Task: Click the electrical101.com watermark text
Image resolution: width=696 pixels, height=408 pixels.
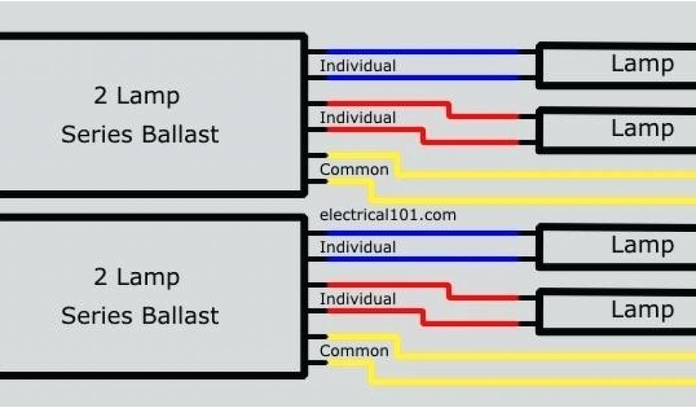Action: click(x=387, y=215)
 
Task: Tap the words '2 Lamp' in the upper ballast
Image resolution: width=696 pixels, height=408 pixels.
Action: click(x=137, y=96)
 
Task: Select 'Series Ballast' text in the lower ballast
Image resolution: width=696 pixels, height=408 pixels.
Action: click(x=140, y=316)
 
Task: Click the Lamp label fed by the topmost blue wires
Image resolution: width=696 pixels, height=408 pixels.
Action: click(x=642, y=64)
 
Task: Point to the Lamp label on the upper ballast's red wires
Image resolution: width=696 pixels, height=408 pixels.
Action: click(x=642, y=128)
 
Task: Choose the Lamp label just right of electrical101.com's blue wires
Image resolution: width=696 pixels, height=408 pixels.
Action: click(x=642, y=245)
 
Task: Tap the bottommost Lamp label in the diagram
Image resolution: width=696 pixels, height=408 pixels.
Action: click(x=642, y=309)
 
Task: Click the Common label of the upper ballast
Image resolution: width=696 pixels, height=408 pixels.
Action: click(x=354, y=169)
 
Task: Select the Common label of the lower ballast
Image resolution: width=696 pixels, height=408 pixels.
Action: click(x=354, y=351)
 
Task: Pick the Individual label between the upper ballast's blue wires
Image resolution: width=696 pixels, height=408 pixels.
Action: click(x=358, y=66)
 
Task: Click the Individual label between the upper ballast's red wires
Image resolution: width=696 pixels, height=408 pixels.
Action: click(x=358, y=118)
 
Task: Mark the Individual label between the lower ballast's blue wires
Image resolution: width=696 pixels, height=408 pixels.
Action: click(x=358, y=247)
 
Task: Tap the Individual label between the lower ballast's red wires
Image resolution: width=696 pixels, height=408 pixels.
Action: click(x=358, y=299)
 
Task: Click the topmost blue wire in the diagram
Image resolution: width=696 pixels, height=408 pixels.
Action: click(x=421, y=52)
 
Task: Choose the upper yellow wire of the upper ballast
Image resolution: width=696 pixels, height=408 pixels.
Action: click(x=544, y=175)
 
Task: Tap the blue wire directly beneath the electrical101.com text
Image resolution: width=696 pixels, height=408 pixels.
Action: click(x=421, y=233)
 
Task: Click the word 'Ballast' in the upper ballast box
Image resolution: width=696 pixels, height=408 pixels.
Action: click(x=180, y=134)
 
